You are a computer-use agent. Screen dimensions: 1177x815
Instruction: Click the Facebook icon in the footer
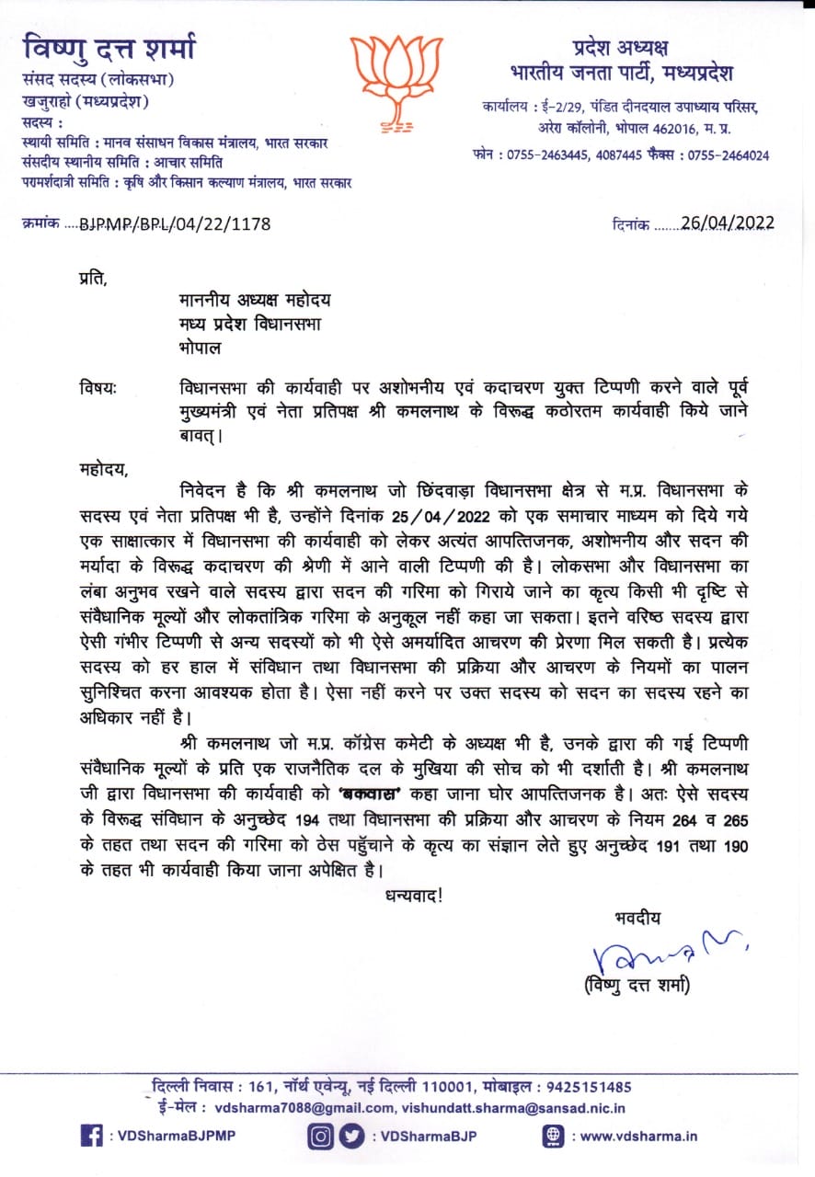(x=91, y=1136)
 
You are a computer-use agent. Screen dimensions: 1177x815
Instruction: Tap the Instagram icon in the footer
(x=320, y=1136)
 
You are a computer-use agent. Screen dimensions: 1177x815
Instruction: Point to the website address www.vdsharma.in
(x=639, y=1136)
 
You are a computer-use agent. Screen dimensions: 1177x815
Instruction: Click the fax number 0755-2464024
(x=730, y=155)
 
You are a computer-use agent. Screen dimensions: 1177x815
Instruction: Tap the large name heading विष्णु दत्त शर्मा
(x=109, y=48)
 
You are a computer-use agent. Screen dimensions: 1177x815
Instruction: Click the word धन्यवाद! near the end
(x=414, y=892)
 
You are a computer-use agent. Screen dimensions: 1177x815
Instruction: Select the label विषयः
(x=99, y=388)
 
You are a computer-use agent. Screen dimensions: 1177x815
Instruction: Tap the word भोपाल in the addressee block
(x=200, y=349)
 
